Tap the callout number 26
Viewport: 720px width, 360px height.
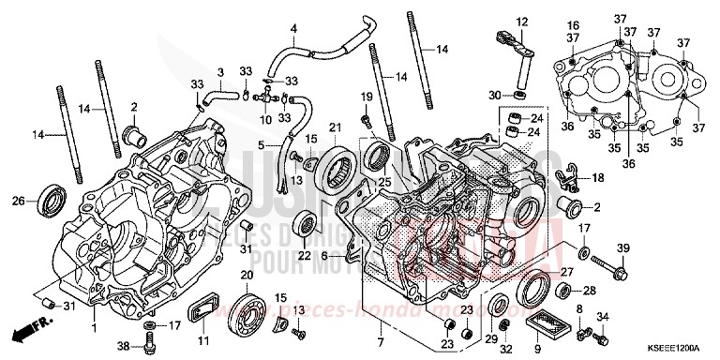(19, 200)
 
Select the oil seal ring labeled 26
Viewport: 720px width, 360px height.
(52, 200)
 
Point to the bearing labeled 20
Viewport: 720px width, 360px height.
(249, 308)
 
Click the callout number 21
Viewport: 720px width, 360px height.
(333, 128)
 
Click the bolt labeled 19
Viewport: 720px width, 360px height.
(365, 120)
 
